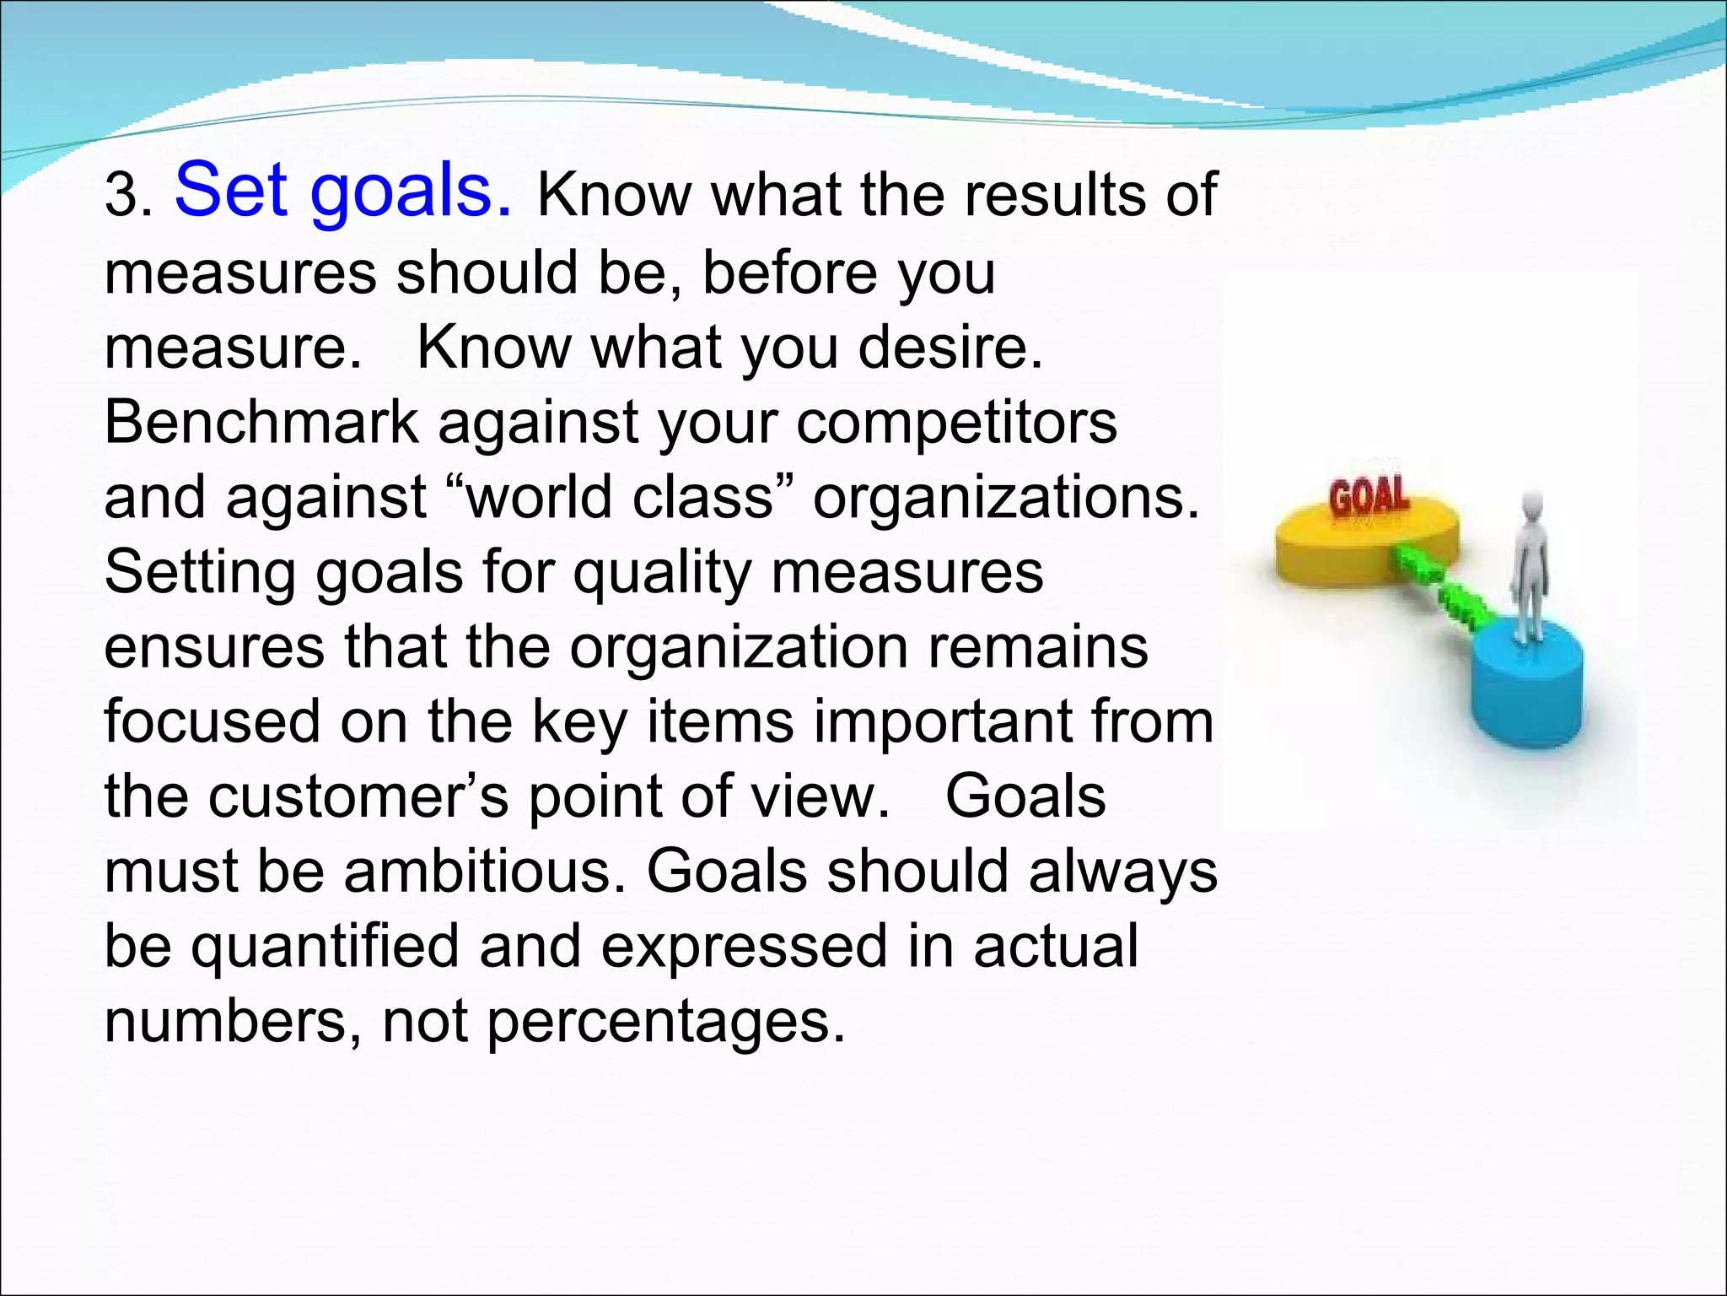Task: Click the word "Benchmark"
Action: [x=261, y=422]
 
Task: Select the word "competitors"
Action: [x=956, y=422]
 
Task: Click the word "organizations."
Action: [x=1005, y=498]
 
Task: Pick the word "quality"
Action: [x=662, y=574]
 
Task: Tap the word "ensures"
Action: [x=214, y=648]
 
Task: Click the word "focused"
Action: [x=213, y=722]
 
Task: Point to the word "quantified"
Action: [x=325, y=947]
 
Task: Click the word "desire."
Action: [x=950, y=348]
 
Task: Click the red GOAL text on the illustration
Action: [x=1369, y=497]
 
